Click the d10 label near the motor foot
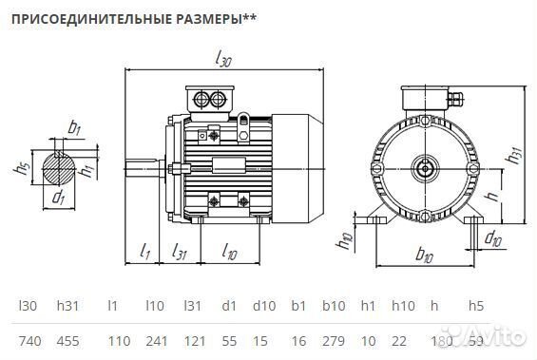tap(493, 238)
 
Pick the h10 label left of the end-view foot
tap(346, 243)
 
